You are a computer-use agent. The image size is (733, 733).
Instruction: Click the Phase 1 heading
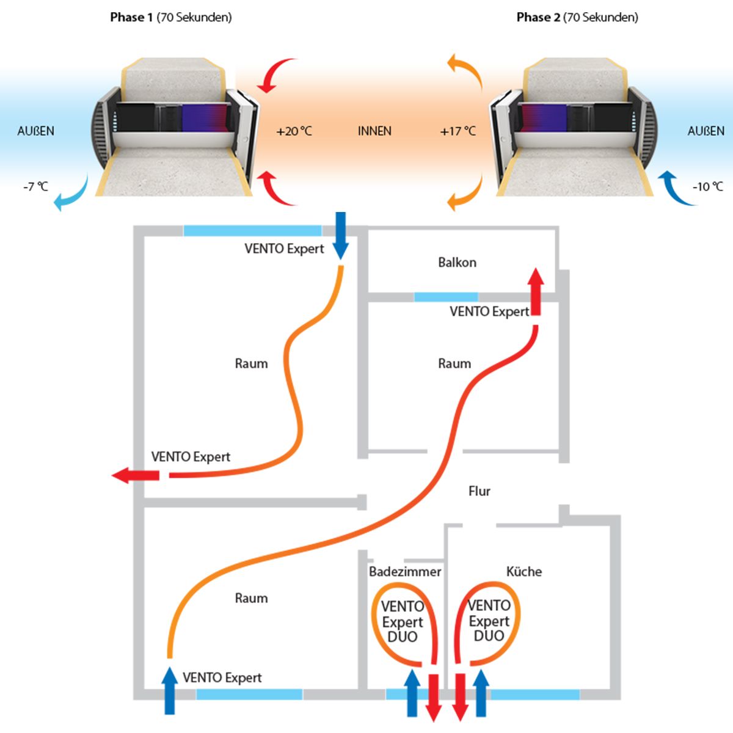click(171, 17)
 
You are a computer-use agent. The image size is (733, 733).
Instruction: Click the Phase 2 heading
click(577, 17)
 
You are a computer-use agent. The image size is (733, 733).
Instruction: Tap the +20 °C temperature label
click(294, 131)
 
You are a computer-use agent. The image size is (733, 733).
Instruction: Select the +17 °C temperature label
click(458, 131)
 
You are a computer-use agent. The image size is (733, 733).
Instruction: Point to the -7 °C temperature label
click(35, 186)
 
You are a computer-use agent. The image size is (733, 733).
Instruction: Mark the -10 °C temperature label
click(707, 186)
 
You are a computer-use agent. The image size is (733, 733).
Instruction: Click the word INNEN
click(374, 131)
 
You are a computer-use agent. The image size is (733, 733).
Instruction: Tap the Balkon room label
click(457, 263)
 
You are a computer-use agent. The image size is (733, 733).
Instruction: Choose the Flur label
click(479, 491)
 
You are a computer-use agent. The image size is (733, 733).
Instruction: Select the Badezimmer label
click(404, 572)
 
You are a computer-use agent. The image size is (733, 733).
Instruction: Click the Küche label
click(523, 572)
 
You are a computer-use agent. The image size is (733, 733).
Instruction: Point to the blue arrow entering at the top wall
click(341, 236)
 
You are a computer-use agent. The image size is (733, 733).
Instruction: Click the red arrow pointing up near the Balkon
click(536, 291)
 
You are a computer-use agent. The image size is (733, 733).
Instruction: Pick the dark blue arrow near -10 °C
click(675, 186)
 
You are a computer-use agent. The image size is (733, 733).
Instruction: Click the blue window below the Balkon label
click(445, 297)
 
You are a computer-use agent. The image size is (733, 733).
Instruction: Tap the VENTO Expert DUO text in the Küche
click(489, 621)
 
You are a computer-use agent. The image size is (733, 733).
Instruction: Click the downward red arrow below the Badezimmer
click(434, 696)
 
